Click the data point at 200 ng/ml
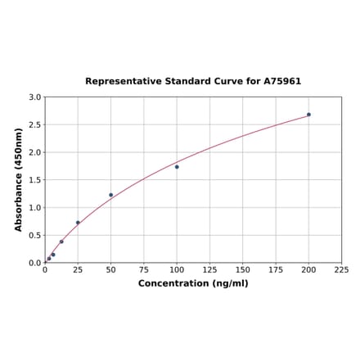(x=308, y=115)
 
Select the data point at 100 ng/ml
(x=177, y=167)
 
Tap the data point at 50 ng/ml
(x=111, y=195)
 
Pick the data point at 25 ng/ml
(x=78, y=223)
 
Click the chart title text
(x=193, y=82)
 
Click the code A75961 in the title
(x=283, y=82)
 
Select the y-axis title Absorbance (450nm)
(x=18, y=179)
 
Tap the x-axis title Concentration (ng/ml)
(x=193, y=283)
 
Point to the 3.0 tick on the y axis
(x=35, y=97)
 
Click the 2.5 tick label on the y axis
(x=35, y=125)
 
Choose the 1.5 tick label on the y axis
(x=35, y=180)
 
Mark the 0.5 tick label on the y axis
(x=35, y=236)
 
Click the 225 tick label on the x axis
(x=341, y=269)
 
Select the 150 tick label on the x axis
(x=243, y=269)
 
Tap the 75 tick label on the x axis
(x=144, y=269)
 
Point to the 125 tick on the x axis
(x=209, y=269)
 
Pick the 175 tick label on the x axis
(x=276, y=269)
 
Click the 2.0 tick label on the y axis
(x=35, y=153)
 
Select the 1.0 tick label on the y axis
(x=35, y=208)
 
